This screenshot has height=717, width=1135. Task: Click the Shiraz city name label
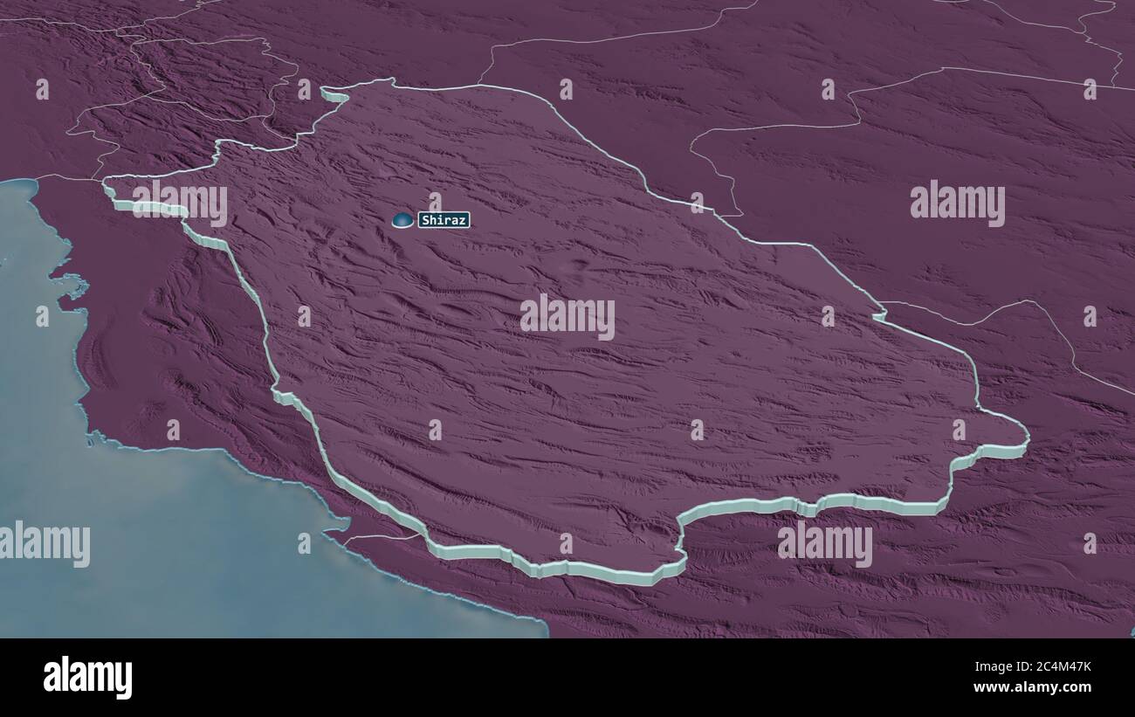444,220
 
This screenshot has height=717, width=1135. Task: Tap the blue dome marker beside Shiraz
402,220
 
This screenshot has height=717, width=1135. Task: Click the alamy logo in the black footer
88,678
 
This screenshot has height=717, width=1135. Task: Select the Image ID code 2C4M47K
1056,667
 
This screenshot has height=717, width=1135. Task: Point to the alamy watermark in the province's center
567,316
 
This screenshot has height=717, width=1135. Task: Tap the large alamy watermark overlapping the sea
45,543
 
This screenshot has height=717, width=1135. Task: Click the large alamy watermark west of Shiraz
180,203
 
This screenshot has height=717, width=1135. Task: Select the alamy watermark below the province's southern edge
824,543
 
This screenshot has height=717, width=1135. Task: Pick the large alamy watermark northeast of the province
957,203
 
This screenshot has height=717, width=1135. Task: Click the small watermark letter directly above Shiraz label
435,203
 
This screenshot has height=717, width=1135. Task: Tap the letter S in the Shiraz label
424,221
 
